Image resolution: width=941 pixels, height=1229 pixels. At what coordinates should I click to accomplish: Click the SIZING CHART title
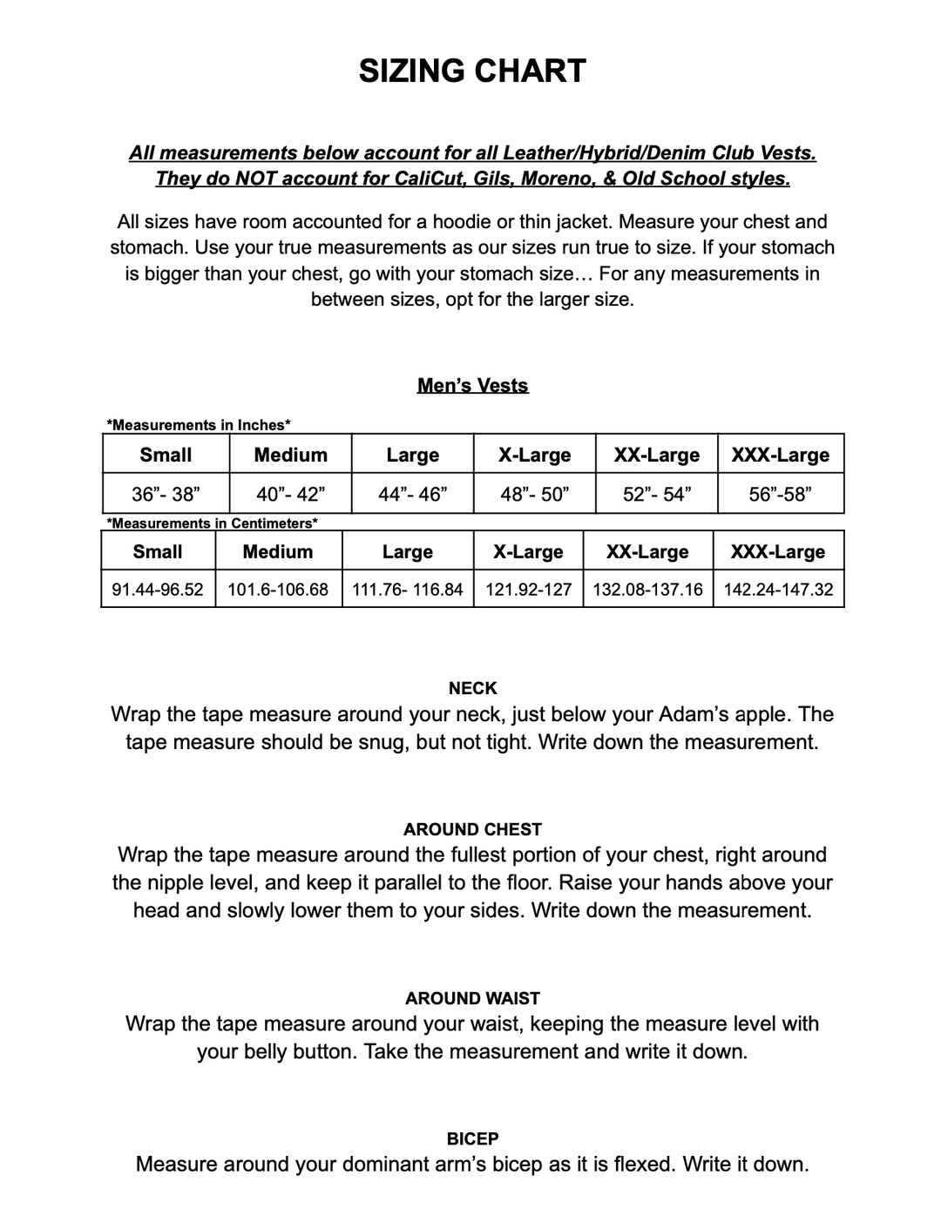click(x=472, y=71)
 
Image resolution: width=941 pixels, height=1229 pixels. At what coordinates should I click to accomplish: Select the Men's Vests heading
click(x=472, y=385)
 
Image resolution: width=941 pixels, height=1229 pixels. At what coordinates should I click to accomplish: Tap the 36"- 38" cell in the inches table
click(x=166, y=494)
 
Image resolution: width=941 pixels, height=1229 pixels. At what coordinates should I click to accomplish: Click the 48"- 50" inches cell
click(x=534, y=494)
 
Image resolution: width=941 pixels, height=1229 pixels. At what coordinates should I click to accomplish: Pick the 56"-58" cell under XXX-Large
click(x=780, y=494)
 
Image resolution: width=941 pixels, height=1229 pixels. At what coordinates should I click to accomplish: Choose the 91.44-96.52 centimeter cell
click(x=158, y=589)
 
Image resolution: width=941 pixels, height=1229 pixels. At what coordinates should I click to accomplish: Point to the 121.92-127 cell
click(x=528, y=589)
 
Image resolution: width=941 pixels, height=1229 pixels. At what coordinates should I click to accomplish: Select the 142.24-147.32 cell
click(x=778, y=589)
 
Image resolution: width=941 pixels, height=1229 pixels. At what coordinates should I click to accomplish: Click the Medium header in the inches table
click(x=290, y=455)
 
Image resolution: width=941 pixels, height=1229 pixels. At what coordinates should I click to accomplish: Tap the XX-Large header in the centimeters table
click(x=647, y=551)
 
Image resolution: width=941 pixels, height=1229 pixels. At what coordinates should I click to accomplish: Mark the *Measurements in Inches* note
click(x=199, y=425)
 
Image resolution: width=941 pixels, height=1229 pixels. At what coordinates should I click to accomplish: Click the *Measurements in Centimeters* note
click(x=212, y=523)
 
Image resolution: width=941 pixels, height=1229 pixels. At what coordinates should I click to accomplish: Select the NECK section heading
click(x=472, y=688)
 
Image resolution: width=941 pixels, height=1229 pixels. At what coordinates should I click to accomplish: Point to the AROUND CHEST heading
click(x=472, y=829)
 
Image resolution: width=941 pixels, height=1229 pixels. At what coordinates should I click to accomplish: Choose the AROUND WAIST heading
click(x=472, y=998)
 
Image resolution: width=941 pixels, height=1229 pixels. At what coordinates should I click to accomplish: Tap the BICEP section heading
click(x=472, y=1138)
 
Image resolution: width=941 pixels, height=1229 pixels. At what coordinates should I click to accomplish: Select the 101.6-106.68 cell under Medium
click(x=278, y=589)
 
